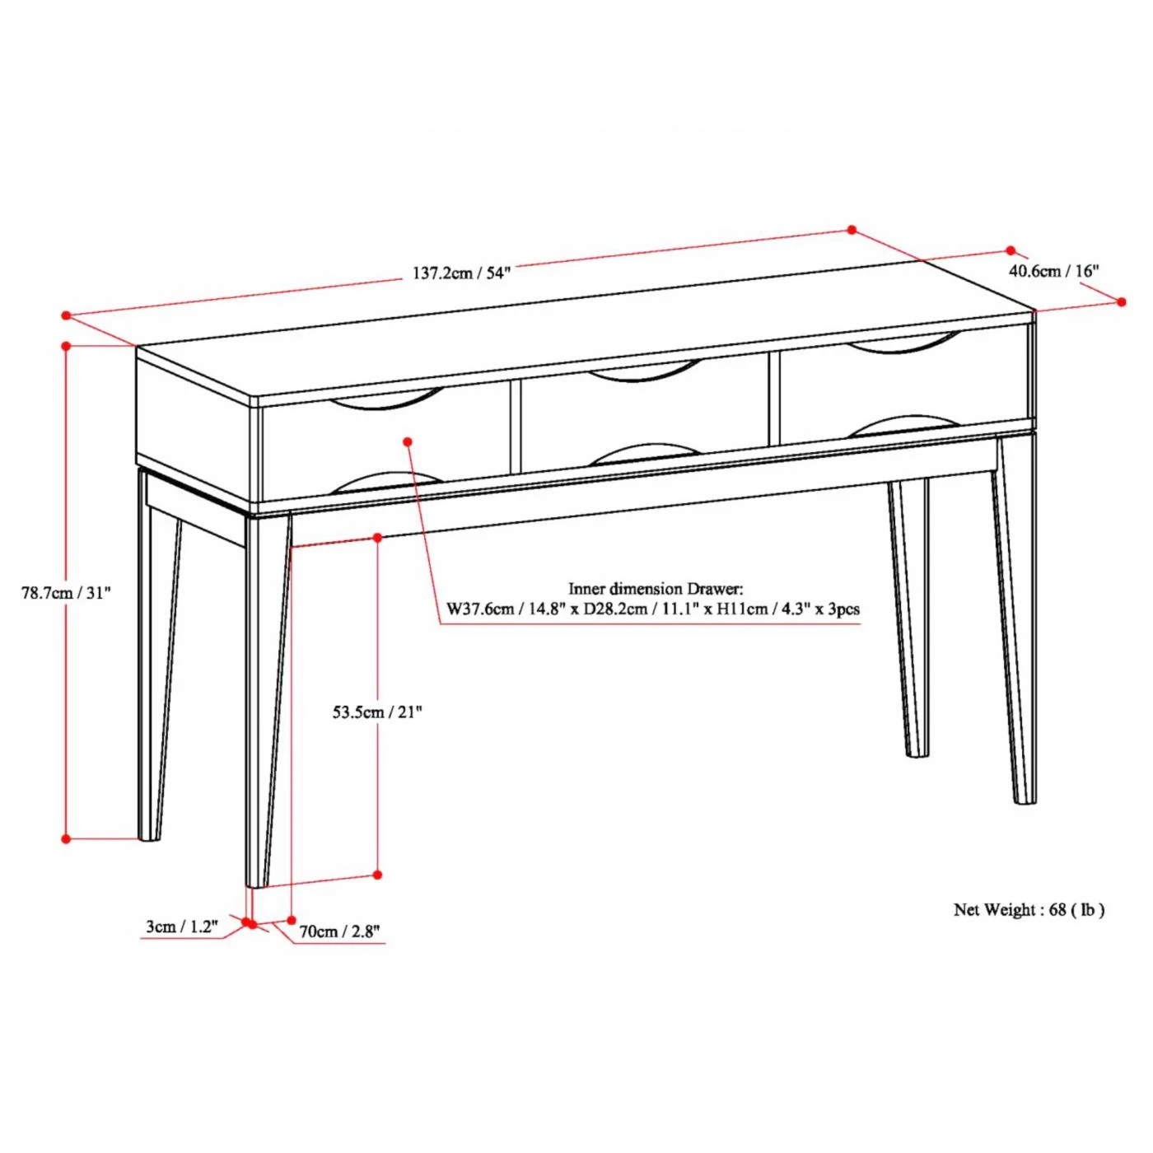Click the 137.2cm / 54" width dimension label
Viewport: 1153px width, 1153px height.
click(x=460, y=273)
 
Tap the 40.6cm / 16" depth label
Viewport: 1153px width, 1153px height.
click(x=1054, y=271)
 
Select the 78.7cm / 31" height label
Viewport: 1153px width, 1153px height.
click(x=67, y=594)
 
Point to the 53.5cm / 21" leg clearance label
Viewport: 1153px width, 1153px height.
click(x=377, y=712)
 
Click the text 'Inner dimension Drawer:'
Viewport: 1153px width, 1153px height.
click(x=656, y=589)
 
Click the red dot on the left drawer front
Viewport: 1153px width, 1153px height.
click(x=408, y=441)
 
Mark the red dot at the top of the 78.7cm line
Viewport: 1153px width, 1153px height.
click(x=67, y=346)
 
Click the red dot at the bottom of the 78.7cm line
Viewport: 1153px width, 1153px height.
click(x=67, y=839)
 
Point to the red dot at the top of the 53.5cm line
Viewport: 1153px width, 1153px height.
click(x=377, y=537)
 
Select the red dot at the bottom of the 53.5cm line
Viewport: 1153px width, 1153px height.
click(x=377, y=875)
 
